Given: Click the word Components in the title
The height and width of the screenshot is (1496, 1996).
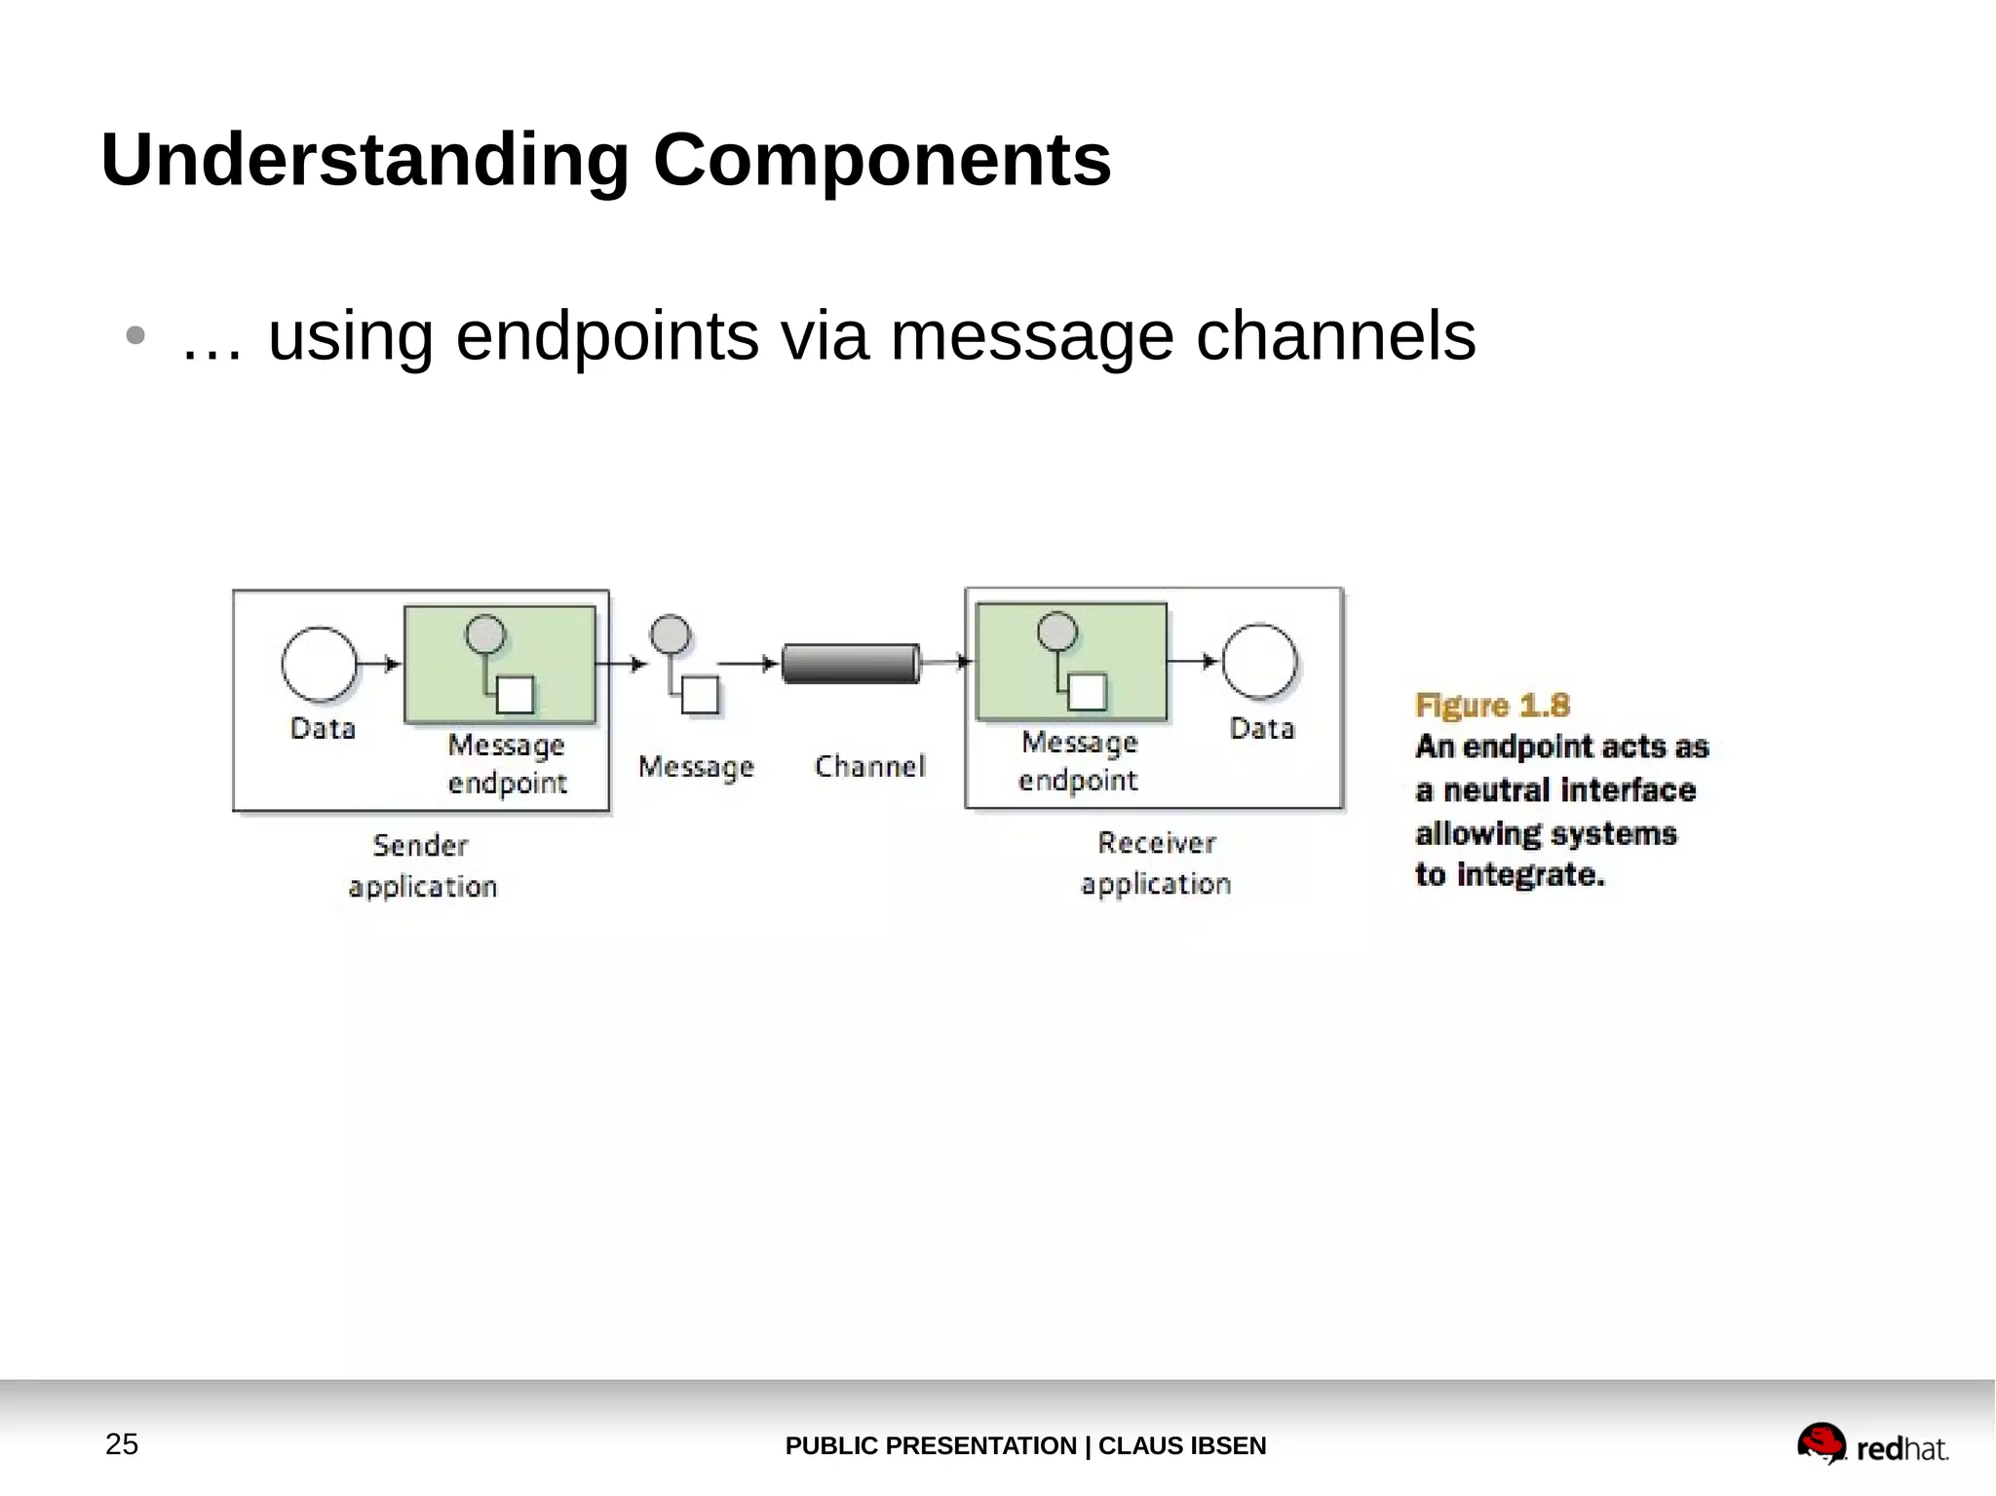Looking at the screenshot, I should click(881, 160).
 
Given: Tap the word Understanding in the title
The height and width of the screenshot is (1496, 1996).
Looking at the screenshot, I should click(365, 160).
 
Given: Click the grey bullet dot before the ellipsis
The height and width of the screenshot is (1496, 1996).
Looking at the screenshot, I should click(135, 336).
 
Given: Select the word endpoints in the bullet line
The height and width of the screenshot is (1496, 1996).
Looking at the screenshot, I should click(606, 336).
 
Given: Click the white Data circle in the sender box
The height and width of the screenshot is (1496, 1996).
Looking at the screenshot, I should click(319, 665).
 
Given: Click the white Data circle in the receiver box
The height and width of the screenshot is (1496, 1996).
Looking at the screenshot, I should click(1259, 662).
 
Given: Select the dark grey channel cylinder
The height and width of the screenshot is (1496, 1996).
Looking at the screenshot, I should click(851, 664).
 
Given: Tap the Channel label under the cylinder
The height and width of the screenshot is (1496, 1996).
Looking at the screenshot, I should click(869, 766).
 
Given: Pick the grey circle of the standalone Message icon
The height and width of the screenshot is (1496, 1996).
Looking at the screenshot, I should click(670, 634).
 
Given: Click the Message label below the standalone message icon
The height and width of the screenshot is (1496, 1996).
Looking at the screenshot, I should click(696, 767).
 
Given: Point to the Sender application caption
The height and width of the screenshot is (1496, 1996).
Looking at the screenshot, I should click(422, 865).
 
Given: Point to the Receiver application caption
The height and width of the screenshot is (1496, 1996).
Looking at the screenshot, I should click(1156, 863).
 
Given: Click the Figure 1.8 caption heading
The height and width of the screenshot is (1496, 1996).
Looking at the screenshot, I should click(1492, 705).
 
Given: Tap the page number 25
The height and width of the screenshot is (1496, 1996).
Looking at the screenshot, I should click(122, 1443).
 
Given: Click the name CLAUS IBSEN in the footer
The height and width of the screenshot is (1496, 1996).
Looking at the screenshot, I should click(1181, 1445).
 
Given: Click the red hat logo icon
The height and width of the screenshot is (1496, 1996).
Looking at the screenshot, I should click(1821, 1442).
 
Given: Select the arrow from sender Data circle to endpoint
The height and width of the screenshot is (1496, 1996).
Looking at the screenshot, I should click(380, 664).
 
